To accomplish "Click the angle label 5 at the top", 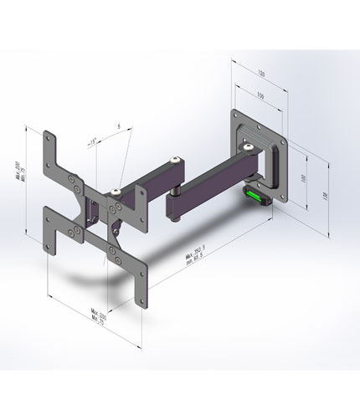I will [119, 126].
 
